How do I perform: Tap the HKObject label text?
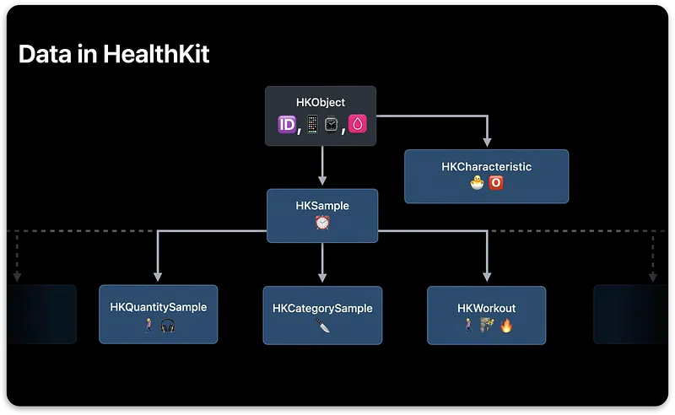[321, 103]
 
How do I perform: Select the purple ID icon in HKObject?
[285, 125]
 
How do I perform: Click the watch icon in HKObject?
[332, 125]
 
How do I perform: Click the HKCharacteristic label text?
[486, 167]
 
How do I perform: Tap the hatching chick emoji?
[476, 183]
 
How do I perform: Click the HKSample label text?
[321, 206]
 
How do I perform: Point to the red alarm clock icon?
[321, 222]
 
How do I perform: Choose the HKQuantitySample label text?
[158, 308]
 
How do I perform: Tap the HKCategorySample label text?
[321, 309]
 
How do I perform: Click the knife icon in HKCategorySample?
[321, 325]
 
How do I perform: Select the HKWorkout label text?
[486, 309]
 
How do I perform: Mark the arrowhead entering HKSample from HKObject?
[321, 181]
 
